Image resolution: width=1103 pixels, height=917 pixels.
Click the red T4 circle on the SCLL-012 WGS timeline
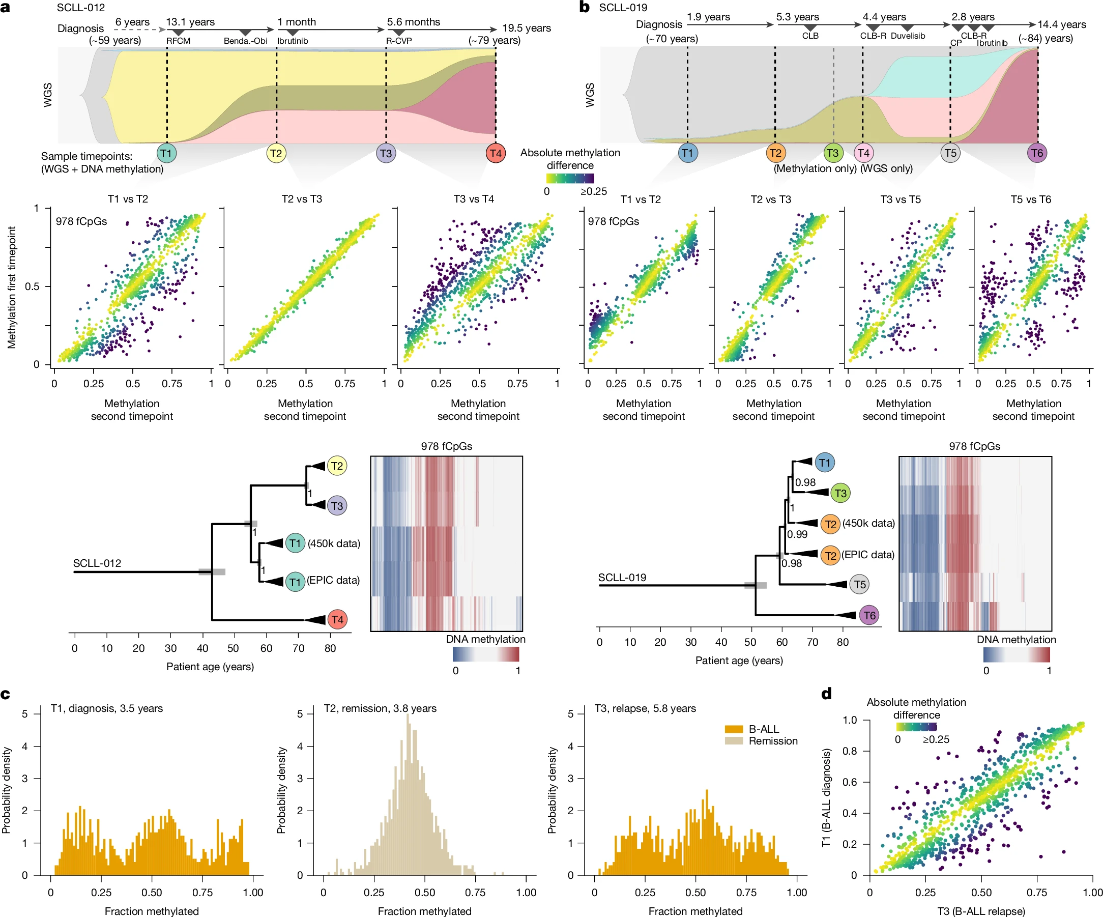(496, 154)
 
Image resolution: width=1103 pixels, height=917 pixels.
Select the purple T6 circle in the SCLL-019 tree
(869, 615)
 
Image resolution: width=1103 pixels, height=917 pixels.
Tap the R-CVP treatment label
(399, 41)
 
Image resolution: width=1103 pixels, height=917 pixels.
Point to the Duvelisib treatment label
(908, 36)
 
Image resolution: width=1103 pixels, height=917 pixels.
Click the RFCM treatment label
(178, 41)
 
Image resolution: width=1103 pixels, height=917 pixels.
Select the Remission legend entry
(773, 741)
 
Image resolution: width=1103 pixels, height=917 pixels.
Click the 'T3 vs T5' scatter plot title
(901, 199)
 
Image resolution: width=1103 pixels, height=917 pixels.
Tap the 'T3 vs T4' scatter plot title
(473, 199)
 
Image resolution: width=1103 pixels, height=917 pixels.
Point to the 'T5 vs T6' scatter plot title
(1031, 199)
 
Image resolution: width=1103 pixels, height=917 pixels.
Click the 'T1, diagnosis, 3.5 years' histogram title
(107, 708)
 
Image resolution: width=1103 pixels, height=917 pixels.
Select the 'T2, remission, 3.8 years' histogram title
(380, 708)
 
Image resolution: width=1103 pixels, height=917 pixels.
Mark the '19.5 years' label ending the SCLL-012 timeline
(526, 28)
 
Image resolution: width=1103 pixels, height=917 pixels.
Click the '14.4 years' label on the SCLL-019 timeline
(1061, 24)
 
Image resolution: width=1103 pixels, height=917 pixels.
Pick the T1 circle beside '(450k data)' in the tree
(295, 543)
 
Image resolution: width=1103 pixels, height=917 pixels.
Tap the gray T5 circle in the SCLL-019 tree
(859, 584)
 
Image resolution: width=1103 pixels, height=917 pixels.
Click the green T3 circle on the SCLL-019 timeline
(832, 153)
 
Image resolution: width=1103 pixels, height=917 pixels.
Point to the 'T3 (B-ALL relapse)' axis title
(980, 911)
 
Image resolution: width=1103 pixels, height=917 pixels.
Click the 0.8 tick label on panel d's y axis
(849, 751)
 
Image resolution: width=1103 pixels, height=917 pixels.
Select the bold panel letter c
(6, 694)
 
